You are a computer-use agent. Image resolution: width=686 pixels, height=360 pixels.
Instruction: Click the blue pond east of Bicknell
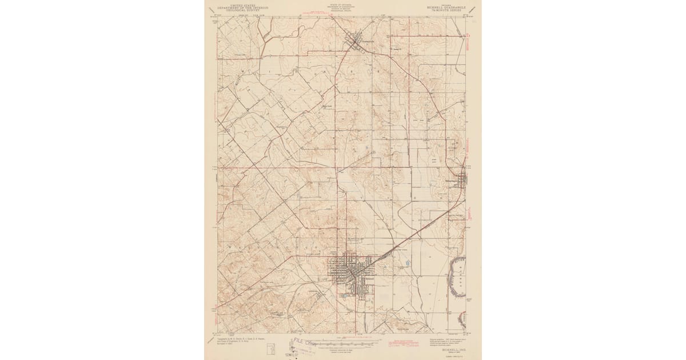(405, 263)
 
